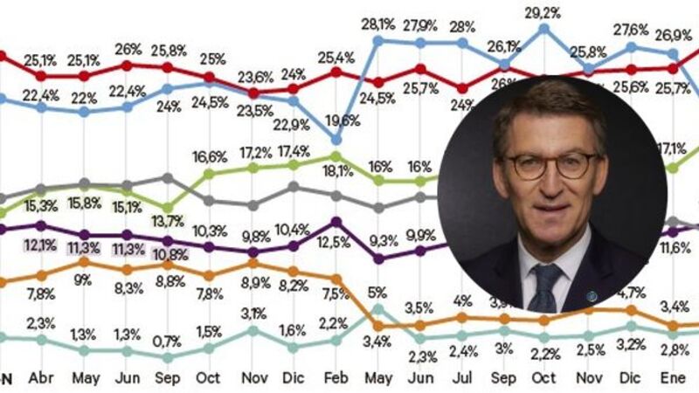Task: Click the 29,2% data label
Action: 543,13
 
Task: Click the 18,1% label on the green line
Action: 336,173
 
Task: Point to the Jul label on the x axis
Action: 462,380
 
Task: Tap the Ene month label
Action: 672,380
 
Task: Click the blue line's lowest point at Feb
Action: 336,139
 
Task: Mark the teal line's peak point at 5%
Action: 377,307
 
